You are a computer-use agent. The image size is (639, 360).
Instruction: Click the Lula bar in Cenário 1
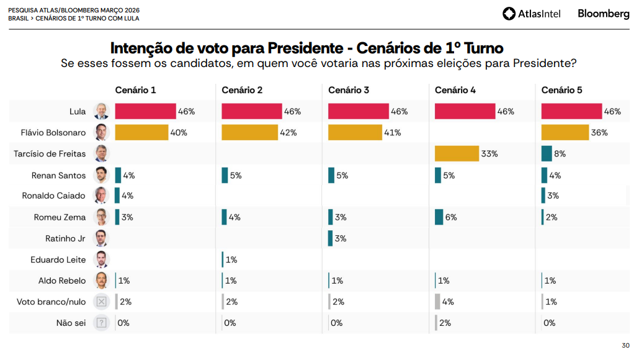coord(146,111)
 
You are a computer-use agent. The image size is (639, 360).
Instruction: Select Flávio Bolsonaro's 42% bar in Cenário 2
coord(249,132)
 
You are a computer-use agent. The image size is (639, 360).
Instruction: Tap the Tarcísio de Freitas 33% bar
coord(457,153)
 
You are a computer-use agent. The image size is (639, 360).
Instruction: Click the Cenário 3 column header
coord(349,90)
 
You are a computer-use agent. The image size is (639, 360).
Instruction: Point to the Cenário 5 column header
coord(561,90)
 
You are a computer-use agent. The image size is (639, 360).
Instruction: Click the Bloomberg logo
coord(603,14)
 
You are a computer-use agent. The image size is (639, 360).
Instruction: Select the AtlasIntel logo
coord(531,14)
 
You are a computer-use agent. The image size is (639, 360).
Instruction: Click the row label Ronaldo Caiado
coord(53,196)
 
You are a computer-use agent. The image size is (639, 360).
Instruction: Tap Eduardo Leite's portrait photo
coord(101,259)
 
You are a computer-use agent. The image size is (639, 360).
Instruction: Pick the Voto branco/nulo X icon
coord(101,302)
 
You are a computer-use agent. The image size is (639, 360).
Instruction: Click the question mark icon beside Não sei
coord(101,323)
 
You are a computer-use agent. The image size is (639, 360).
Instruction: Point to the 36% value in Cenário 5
coord(599,132)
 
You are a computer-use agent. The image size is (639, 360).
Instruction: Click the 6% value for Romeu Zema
coord(451,217)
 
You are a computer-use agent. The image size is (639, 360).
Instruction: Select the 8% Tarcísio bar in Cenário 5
coord(547,153)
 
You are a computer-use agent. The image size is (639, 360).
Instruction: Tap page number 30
coord(625,346)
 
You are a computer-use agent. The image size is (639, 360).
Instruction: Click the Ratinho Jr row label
coord(65,238)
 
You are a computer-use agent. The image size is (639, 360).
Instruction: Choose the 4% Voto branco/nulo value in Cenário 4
coord(448,302)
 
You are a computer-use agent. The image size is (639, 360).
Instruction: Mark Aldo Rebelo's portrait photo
coord(101,281)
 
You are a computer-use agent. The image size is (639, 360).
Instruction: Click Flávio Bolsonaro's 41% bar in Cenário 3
coord(355,132)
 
